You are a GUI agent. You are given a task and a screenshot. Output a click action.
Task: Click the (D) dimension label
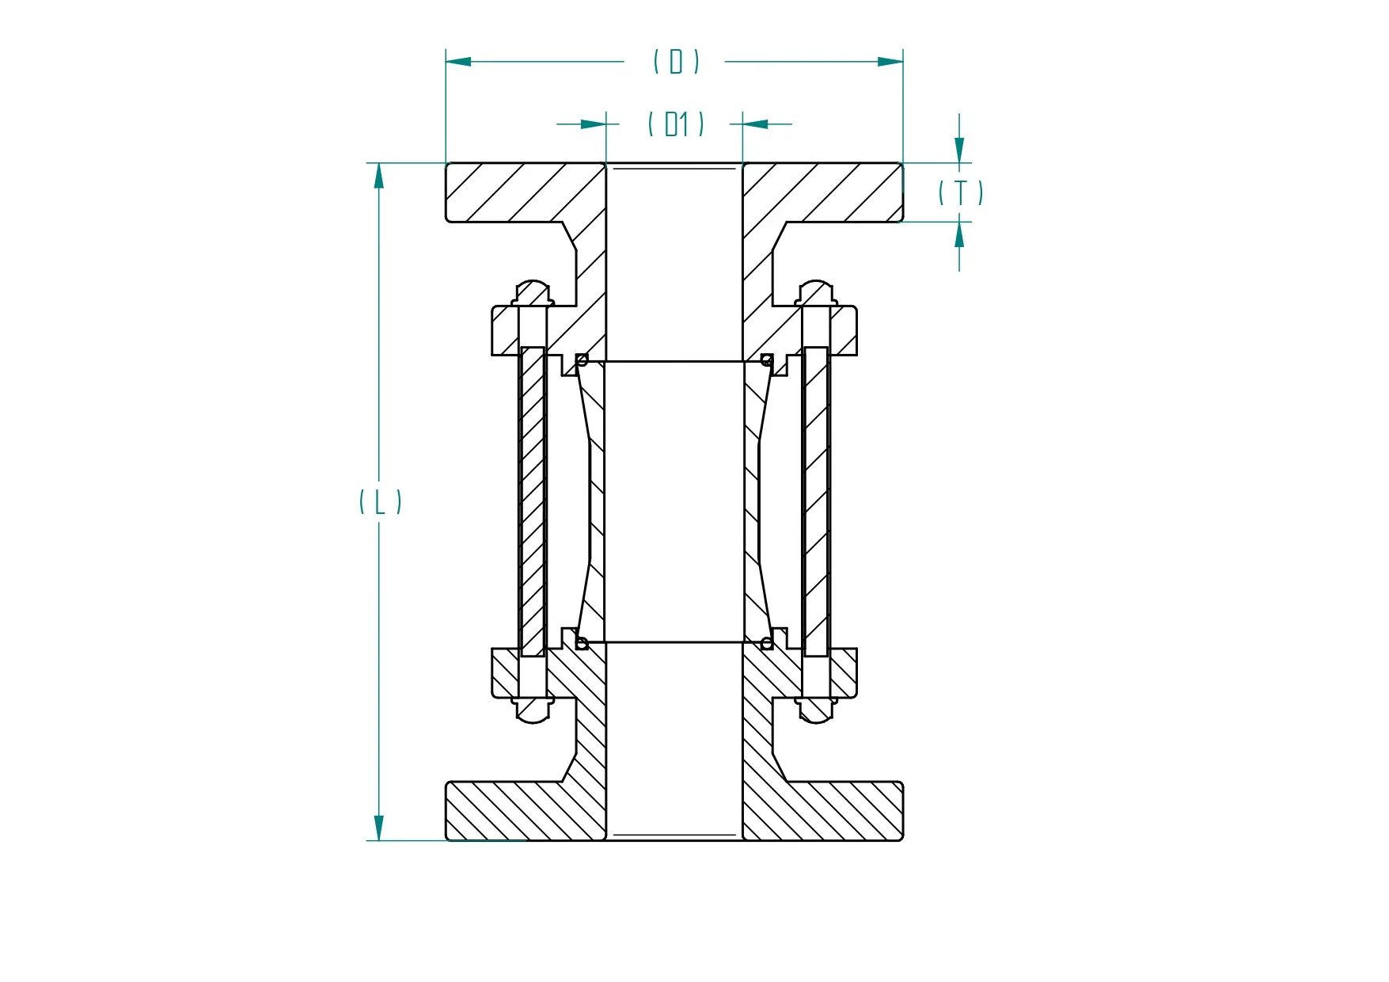pos(676,61)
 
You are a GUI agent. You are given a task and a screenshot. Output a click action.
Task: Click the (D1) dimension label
pos(675,124)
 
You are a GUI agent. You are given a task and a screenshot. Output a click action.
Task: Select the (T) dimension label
pos(960,192)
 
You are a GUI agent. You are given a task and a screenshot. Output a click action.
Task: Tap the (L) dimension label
pos(380,501)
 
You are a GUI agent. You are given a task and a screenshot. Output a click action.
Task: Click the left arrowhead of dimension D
pos(458,61)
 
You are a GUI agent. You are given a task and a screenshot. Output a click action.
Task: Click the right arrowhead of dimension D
pos(890,61)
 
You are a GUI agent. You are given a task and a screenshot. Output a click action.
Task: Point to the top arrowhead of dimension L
pos(379,175)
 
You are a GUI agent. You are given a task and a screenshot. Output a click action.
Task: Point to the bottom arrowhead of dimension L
pos(379,828)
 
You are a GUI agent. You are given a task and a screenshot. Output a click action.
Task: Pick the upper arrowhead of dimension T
pos(959,150)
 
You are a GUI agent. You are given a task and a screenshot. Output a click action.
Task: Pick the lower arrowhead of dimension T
pos(959,235)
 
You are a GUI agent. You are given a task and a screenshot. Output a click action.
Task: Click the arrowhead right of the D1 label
pos(755,124)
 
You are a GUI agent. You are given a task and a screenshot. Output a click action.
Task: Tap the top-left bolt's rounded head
pos(533,291)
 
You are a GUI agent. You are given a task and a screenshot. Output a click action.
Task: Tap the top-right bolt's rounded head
pos(816,291)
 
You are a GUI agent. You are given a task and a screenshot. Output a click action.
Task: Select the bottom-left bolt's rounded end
pos(533,712)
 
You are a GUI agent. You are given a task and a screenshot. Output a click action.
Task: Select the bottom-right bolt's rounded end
pos(816,712)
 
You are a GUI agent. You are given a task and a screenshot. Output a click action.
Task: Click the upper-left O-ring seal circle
pos(582,360)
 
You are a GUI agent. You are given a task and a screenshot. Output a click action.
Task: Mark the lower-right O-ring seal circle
pos(766,643)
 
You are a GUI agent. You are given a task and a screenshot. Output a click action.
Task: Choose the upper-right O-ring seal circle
pos(766,360)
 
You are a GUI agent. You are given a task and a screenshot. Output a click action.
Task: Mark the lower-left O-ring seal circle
pos(582,643)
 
